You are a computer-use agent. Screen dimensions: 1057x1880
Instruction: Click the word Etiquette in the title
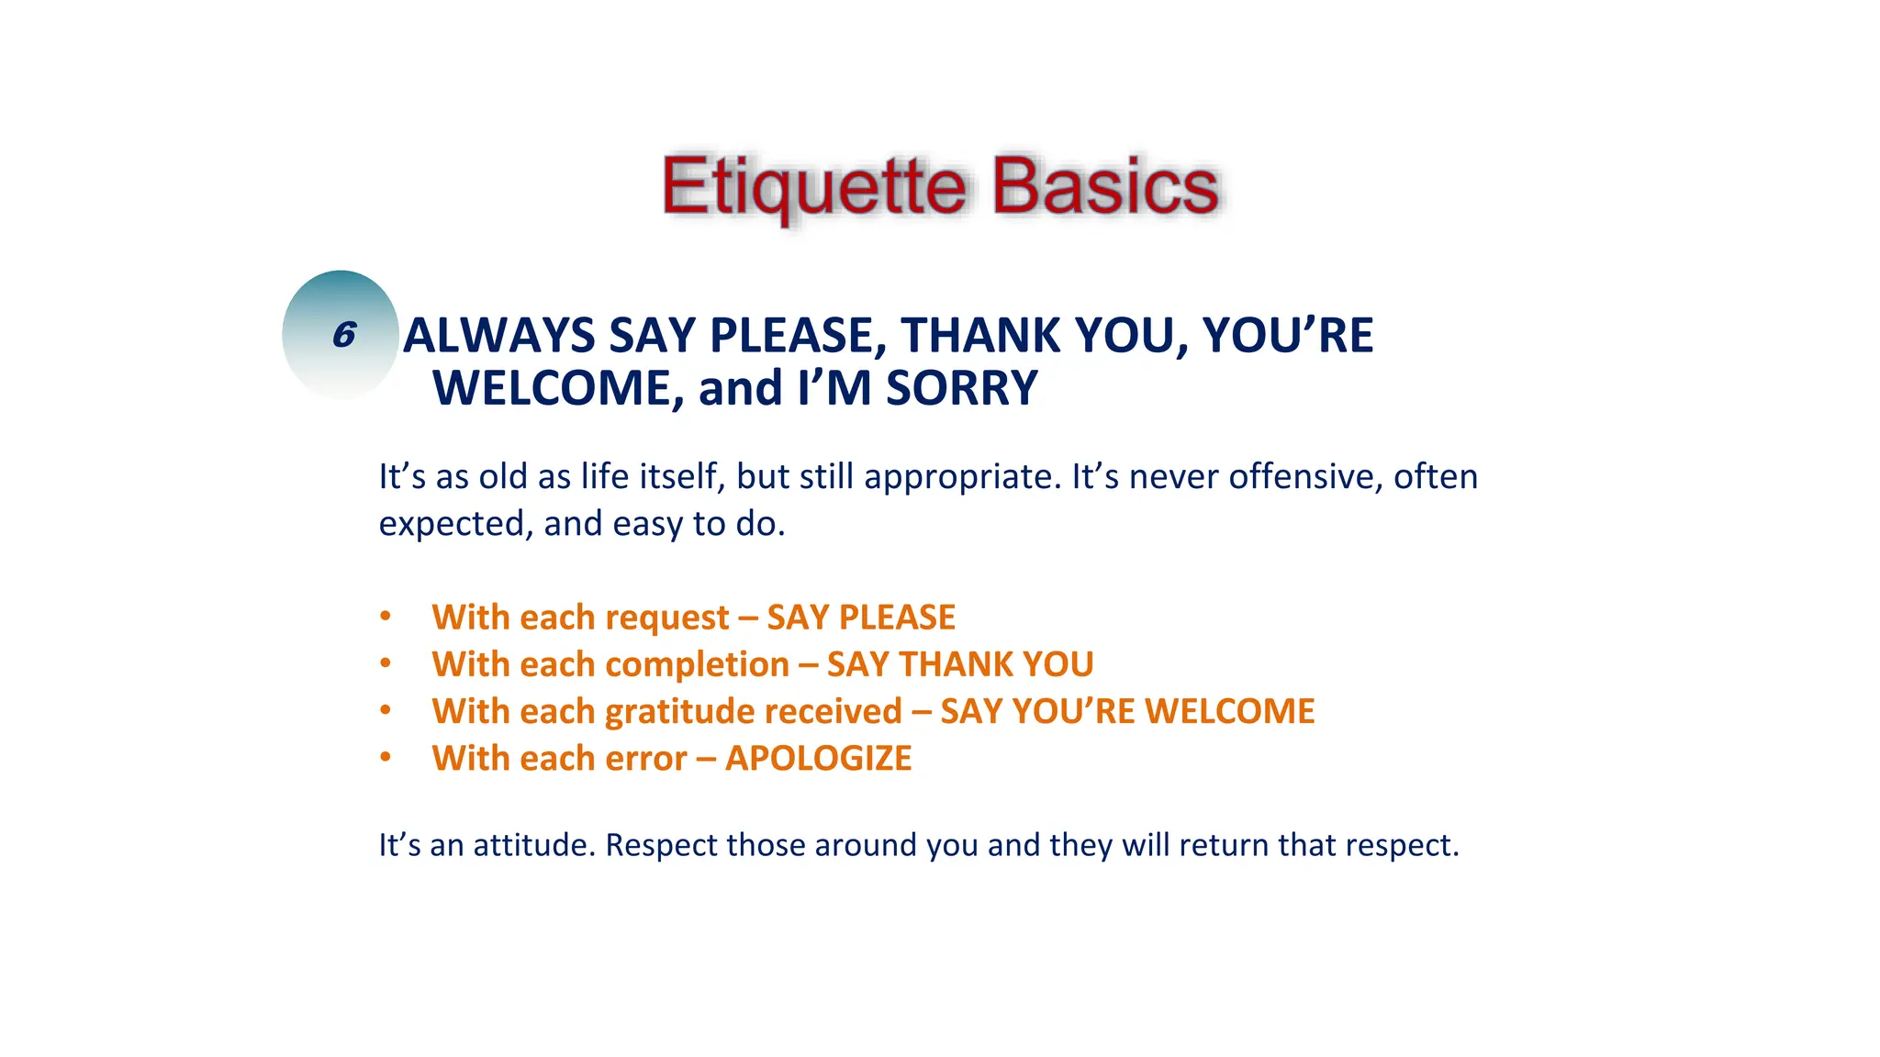[813, 187]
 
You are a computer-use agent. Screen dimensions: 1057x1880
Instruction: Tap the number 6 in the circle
[343, 335]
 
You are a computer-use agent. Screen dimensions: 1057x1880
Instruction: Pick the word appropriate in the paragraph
[962, 478]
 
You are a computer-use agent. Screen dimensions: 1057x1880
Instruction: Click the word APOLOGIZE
[818, 759]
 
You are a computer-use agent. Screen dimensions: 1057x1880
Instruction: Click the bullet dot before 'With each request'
[386, 617]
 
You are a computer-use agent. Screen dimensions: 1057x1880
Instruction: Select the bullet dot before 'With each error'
[386, 758]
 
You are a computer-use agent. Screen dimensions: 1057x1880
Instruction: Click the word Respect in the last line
[661, 846]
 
